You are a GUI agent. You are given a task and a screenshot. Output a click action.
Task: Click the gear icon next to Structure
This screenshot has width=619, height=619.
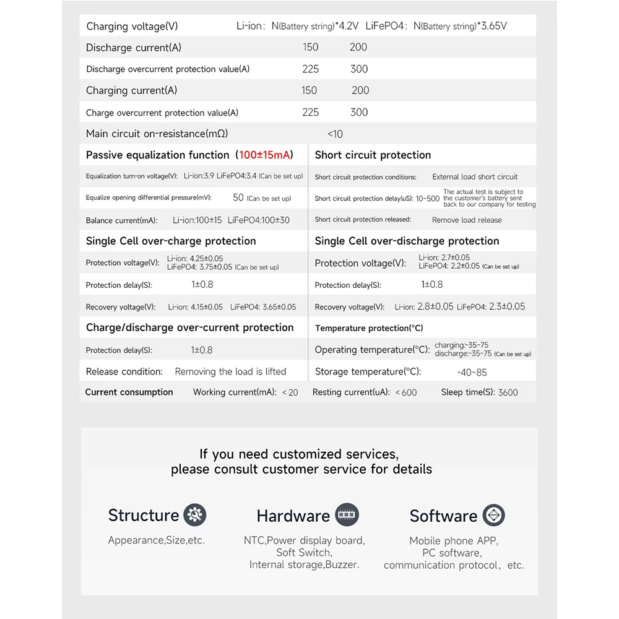pos(195,515)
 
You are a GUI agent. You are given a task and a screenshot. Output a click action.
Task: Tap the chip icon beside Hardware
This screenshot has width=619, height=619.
pos(347,515)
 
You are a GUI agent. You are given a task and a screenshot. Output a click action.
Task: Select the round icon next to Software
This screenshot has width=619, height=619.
pos(494,515)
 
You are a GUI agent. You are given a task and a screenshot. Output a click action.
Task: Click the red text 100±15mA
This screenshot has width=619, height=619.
pos(266,155)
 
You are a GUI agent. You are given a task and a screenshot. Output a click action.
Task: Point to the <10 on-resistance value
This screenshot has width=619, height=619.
pos(334,134)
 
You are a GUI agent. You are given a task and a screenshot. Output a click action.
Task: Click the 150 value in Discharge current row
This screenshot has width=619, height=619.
pos(311,47)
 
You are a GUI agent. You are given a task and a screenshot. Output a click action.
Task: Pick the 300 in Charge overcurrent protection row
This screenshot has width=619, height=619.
pos(359,112)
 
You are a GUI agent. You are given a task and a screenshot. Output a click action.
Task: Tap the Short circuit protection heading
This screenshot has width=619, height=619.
pos(373,155)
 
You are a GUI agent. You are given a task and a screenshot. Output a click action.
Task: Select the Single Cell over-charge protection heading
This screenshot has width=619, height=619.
pos(171,241)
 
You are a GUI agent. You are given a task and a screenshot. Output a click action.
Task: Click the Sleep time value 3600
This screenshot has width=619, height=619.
pos(508,392)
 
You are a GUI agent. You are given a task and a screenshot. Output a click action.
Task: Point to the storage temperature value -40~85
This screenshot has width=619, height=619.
pos(472,372)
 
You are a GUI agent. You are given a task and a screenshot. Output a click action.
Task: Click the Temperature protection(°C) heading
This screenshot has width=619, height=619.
pos(369,328)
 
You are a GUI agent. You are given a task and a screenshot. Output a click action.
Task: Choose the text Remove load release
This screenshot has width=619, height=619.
pos(467,220)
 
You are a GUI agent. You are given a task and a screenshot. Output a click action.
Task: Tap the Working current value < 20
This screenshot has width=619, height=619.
pos(290,392)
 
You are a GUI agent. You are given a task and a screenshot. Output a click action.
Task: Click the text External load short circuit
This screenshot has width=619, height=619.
pos(475,176)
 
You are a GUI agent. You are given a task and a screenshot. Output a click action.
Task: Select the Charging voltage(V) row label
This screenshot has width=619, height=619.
pos(132,26)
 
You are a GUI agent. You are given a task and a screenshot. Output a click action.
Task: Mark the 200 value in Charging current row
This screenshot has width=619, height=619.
pos(360,90)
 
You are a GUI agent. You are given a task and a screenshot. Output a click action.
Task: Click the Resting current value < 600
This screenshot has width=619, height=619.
pos(406,392)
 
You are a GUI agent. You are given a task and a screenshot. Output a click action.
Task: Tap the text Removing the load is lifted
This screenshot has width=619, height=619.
pos(230,371)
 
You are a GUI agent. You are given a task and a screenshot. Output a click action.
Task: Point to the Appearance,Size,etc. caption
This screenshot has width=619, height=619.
pos(156,540)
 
